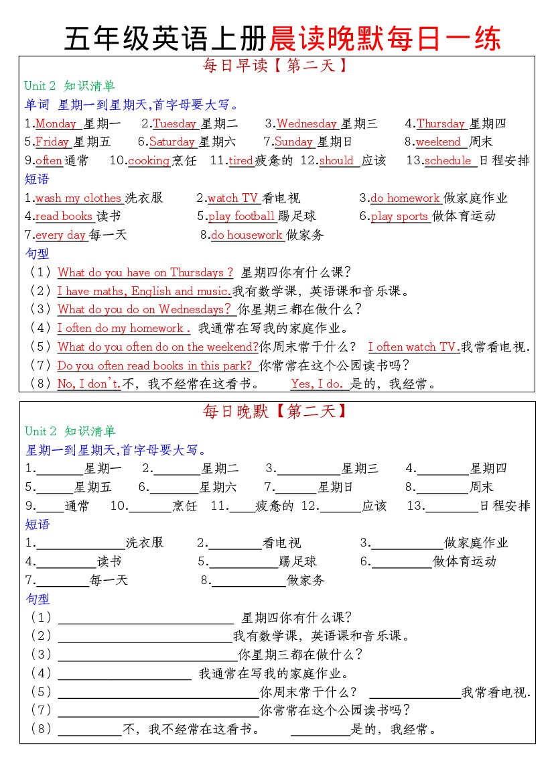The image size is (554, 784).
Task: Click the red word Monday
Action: (56, 123)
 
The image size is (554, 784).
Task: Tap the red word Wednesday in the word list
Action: (307, 123)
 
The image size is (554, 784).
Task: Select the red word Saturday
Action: (171, 142)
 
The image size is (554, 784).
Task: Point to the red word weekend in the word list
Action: (438, 142)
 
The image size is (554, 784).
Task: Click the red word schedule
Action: (448, 160)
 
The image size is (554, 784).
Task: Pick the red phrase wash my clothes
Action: (78, 198)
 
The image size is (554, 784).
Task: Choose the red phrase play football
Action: (241, 216)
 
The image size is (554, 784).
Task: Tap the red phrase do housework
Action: (247, 235)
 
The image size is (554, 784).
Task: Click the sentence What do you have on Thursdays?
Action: (145, 272)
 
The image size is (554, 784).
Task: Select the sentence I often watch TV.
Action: (413, 347)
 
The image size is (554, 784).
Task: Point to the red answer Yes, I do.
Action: (317, 384)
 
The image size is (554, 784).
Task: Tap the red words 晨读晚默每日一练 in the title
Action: (385, 39)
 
